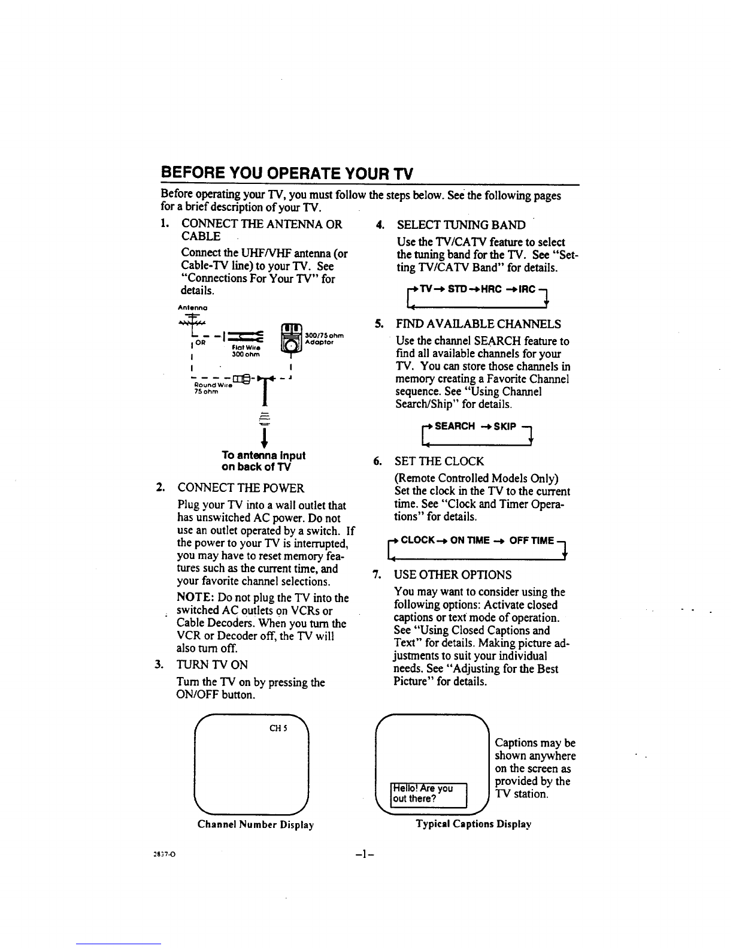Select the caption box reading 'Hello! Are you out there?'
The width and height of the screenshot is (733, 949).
point(428,794)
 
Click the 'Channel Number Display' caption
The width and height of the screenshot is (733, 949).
point(256,824)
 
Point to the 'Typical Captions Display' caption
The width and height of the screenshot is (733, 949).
point(474,824)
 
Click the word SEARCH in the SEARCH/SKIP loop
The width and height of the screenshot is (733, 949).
point(455,426)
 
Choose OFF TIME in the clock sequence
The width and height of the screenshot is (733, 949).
point(532,540)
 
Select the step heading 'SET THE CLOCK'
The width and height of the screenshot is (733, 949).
point(438,461)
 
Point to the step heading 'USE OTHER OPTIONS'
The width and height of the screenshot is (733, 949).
point(452,575)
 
